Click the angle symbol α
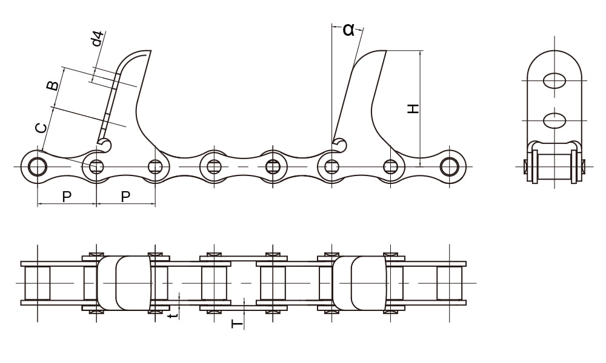[x=348, y=29]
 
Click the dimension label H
[x=413, y=109]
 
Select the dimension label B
[x=53, y=85]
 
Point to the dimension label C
[x=41, y=128]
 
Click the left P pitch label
[x=67, y=197]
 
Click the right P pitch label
[x=125, y=197]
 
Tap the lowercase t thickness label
[x=174, y=315]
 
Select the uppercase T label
[x=237, y=324]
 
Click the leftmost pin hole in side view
[x=38, y=166]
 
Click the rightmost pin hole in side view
[x=449, y=166]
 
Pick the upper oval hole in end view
[x=554, y=80]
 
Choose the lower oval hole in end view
[x=554, y=120]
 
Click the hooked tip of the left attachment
[x=105, y=145]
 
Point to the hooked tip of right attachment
[x=341, y=144]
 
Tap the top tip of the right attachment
[x=383, y=52]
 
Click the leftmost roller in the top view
[x=38, y=283]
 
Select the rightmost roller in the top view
[x=449, y=283]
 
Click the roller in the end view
[x=554, y=166]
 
